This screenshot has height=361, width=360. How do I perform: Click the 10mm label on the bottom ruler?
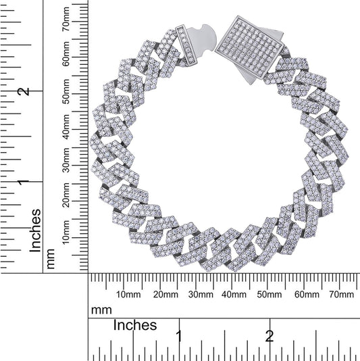[x=128, y=295]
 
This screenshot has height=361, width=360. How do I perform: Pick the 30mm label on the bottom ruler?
[x=200, y=295]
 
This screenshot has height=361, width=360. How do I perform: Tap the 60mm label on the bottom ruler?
[x=307, y=295]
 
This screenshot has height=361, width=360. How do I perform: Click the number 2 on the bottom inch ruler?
[x=269, y=336]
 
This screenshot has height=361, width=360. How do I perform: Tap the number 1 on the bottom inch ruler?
[x=179, y=336]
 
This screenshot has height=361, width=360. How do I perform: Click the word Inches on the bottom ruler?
[x=134, y=325]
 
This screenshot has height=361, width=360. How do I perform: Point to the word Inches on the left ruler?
[x=35, y=230]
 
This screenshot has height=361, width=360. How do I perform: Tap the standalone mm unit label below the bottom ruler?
[x=101, y=310]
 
